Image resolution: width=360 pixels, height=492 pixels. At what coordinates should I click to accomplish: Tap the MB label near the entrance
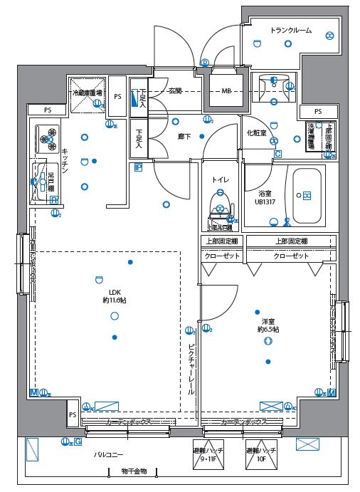coord(226,91)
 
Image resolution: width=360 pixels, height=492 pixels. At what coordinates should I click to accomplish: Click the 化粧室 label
coord(256,133)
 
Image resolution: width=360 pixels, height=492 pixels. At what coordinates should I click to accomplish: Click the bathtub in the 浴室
coord(305,195)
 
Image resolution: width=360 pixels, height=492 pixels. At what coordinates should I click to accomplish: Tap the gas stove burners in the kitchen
coord(49,139)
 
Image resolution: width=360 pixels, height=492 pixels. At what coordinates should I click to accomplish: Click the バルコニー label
coord(108,454)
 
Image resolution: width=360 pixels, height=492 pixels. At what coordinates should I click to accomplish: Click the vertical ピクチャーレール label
coord(191,370)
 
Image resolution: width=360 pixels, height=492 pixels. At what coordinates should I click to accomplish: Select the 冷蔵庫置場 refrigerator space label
coord(87,93)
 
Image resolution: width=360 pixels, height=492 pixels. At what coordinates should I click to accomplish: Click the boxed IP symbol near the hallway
coord(138,168)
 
